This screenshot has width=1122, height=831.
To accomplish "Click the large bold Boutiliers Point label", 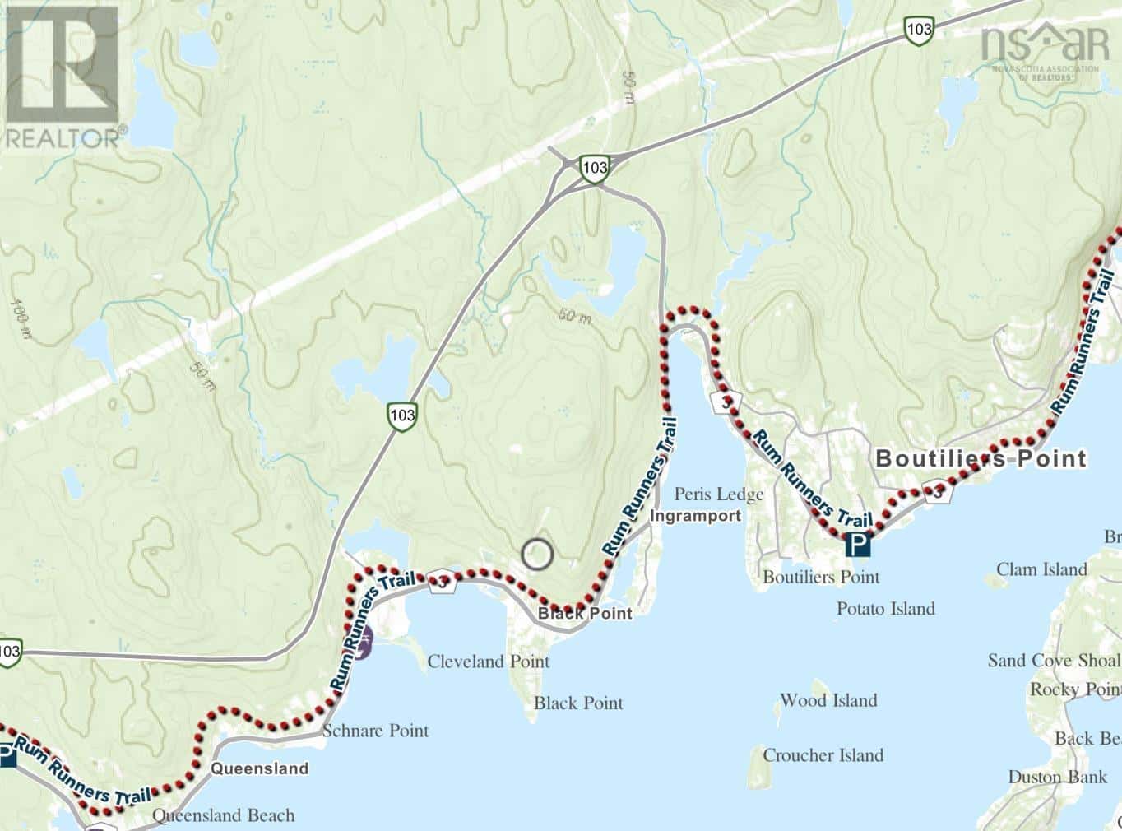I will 981,458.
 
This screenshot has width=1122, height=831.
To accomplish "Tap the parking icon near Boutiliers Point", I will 858,544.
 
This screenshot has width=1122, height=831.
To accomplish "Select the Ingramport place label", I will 695,516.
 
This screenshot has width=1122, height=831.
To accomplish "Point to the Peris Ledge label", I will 718,494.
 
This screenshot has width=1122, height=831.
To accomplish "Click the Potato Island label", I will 885,609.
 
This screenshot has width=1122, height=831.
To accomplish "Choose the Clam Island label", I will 1041,569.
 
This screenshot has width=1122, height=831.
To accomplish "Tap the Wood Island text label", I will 828,701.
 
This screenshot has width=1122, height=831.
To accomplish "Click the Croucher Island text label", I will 823,755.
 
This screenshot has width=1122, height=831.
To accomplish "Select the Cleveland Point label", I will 488,662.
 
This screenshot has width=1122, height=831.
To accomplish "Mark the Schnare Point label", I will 375,731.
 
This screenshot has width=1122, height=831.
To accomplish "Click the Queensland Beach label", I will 223,815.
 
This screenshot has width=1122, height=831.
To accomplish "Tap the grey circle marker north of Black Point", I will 537,554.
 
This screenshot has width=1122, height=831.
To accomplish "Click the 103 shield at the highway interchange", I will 593,167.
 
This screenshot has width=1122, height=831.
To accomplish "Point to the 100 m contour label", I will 20,319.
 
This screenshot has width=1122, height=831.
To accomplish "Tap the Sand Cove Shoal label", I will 1053,661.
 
